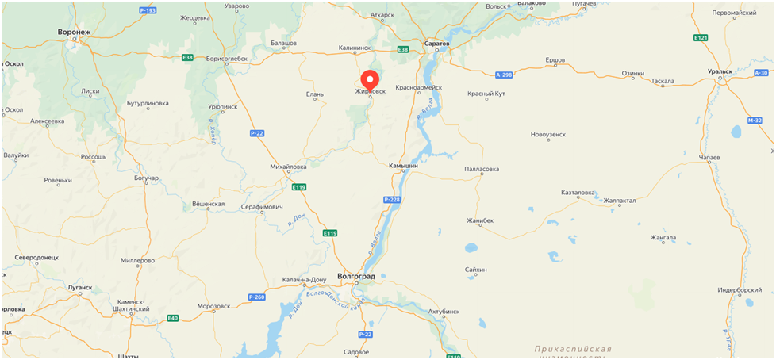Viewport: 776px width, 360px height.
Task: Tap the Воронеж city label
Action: pos(75,33)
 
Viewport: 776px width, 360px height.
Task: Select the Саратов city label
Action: pos(437,43)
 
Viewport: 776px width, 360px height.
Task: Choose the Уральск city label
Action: pos(720,71)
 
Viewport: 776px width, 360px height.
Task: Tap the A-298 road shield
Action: pos(504,75)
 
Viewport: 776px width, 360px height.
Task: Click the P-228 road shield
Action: pos(392,200)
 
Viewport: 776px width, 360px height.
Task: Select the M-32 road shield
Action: pos(755,121)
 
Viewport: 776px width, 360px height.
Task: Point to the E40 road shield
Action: pos(173,318)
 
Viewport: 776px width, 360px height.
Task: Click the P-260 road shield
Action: pos(256,297)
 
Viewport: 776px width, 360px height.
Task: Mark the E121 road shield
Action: pos(701,37)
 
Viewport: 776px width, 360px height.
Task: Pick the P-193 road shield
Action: pos(148,11)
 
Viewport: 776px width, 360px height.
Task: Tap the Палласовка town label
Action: pos(482,169)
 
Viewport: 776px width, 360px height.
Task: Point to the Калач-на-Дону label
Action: pos(304,280)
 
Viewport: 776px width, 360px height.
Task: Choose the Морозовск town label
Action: pos(213,305)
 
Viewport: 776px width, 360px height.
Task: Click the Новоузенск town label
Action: pos(548,134)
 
